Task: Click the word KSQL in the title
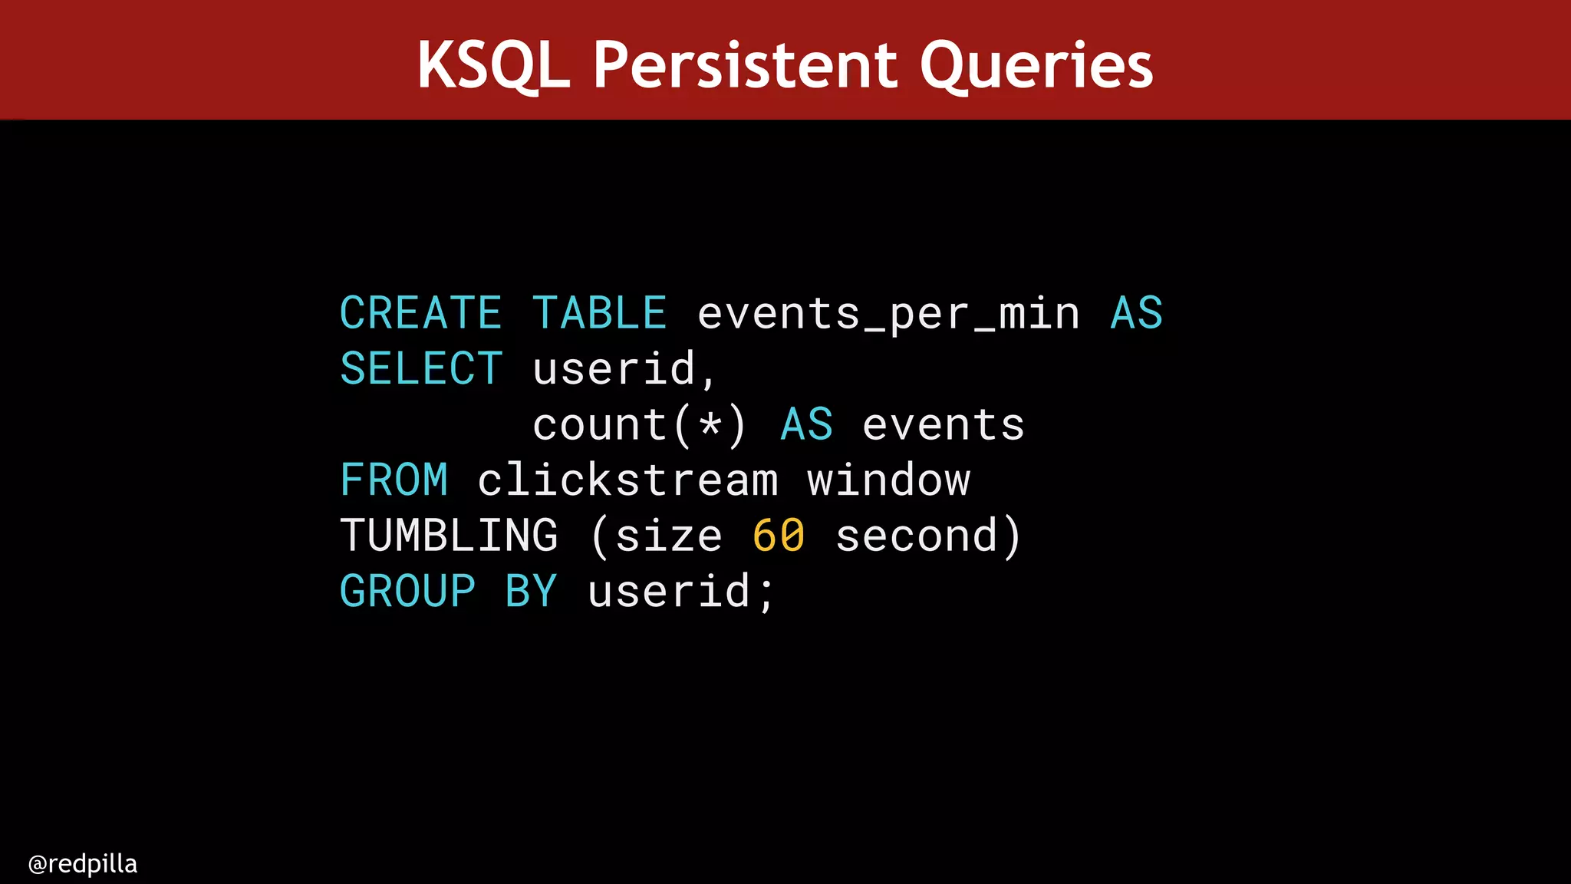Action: click(x=493, y=65)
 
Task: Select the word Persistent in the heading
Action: click(x=744, y=65)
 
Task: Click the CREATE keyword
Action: click(x=420, y=313)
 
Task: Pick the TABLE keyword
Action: click(x=599, y=313)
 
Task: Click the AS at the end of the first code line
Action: click(x=1136, y=313)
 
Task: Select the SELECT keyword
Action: click(x=420, y=368)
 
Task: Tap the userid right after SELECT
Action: click(x=614, y=368)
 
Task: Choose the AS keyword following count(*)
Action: click(x=806, y=424)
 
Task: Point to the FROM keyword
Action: click(x=394, y=480)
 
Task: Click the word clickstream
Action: click(x=627, y=480)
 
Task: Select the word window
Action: click(x=888, y=480)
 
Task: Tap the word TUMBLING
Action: click(x=449, y=535)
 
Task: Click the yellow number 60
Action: click(x=779, y=535)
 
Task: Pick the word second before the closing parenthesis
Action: click(x=917, y=535)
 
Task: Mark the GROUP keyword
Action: click(x=407, y=591)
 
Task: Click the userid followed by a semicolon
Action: click(x=669, y=591)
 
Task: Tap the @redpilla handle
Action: click(x=82, y=864)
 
